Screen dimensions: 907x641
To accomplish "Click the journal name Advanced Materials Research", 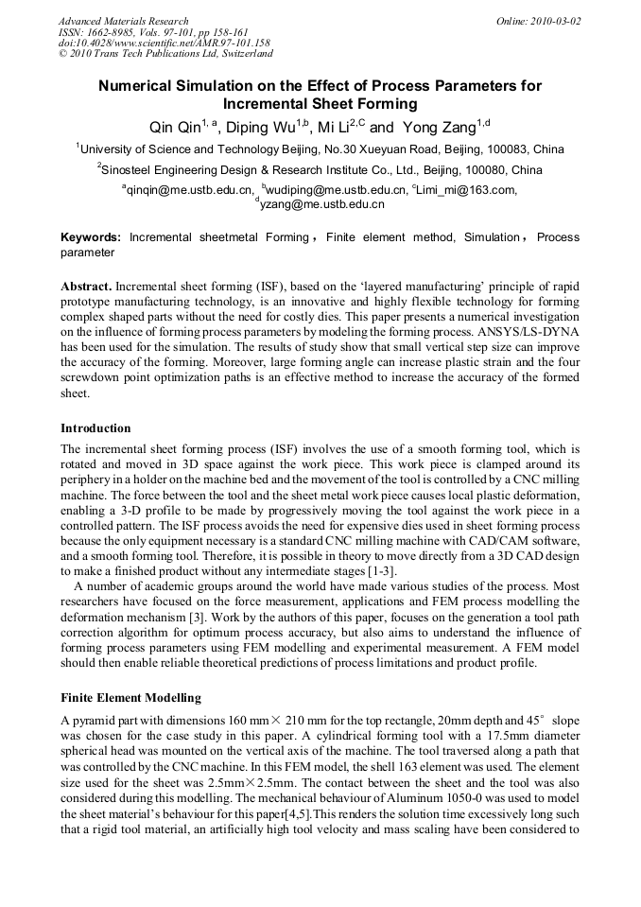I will point(123,21).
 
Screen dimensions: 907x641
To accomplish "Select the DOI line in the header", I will point(164,44).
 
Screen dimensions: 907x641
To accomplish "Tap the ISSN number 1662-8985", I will point(116,32).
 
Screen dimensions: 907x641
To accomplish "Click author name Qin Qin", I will point(174,127).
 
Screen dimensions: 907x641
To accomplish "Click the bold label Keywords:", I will point(91,238).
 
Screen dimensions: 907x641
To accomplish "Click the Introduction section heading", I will point(95,427).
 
